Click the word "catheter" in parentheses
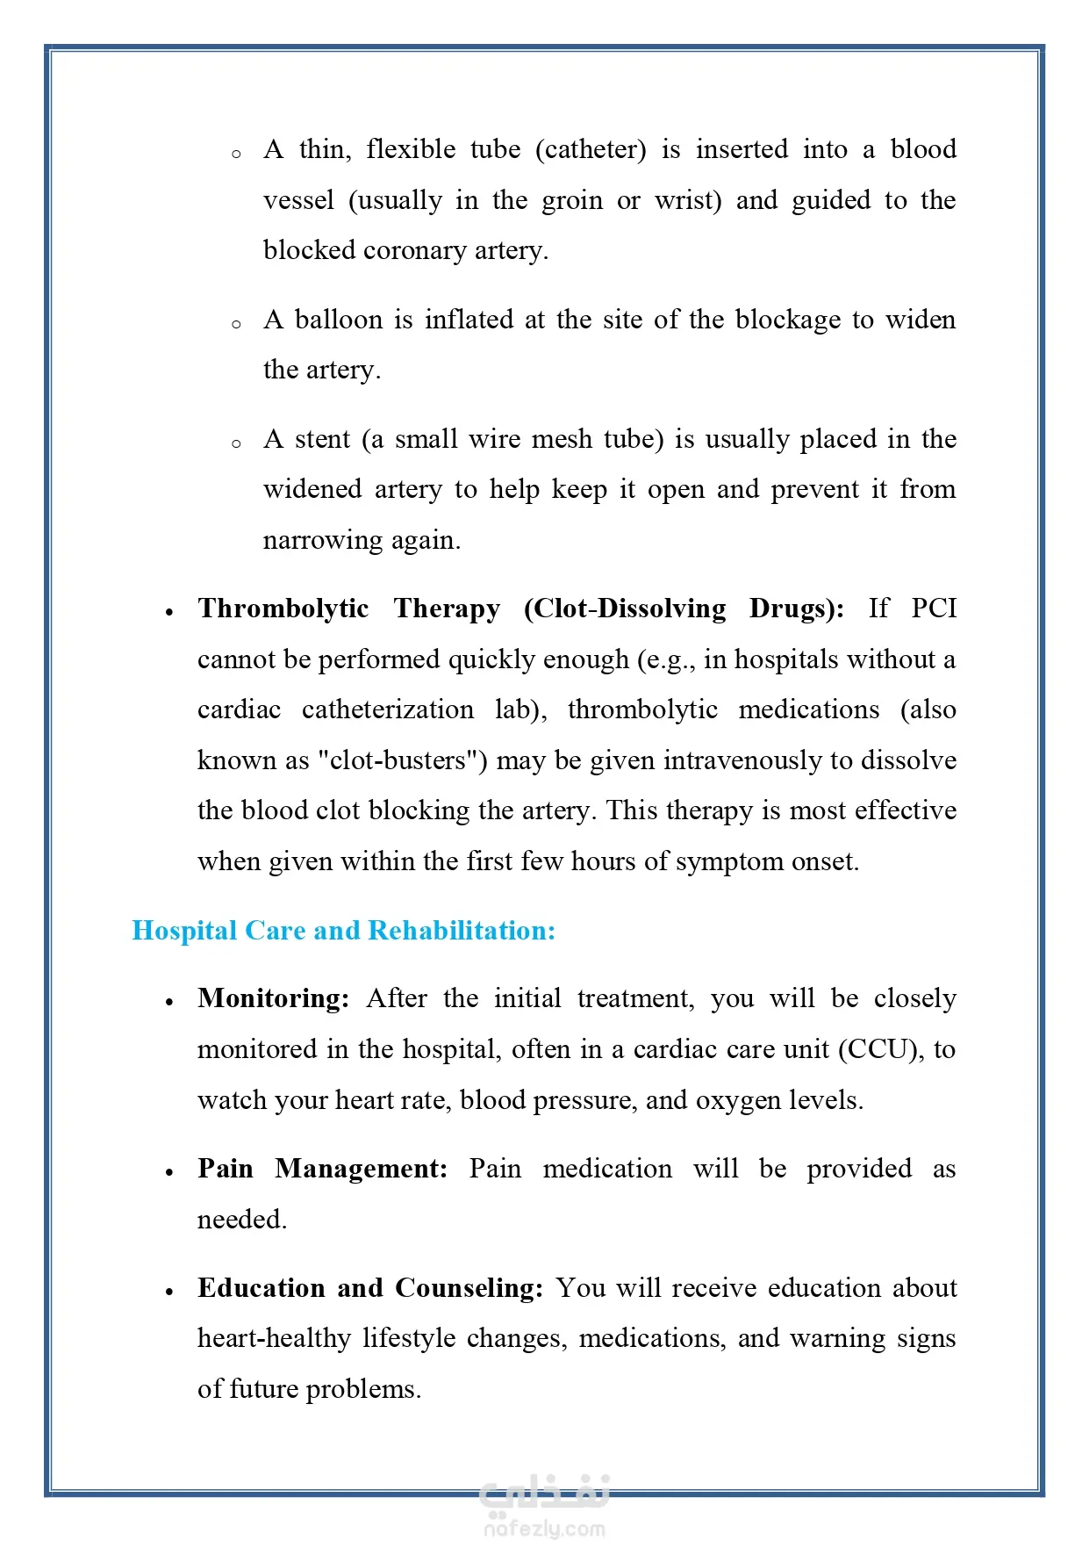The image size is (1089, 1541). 591,150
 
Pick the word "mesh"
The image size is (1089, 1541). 562,439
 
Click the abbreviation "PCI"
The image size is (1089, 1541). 933,608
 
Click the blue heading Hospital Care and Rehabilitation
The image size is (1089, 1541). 343,931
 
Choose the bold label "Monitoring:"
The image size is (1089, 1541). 274,998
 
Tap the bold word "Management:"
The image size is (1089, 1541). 362,1169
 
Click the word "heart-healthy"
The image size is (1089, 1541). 274,1338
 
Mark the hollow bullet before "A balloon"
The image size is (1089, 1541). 236,324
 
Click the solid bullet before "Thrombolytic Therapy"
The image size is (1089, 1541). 169,612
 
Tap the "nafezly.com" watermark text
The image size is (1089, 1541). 544,1529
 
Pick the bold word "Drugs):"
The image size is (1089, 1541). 796,608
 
